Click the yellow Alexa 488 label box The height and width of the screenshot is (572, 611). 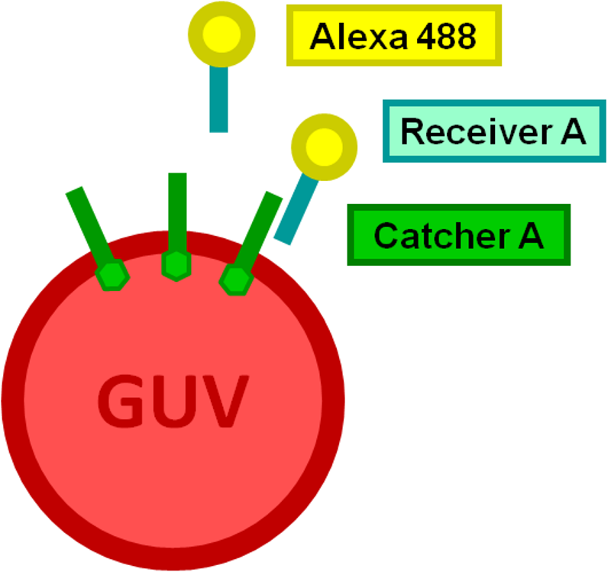[x=393, y=35]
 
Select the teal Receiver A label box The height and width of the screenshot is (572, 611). [x=493, y=131]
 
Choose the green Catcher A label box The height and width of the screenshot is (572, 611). [x=458, y=234]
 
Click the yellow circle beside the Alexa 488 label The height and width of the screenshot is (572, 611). [x=221, y=34]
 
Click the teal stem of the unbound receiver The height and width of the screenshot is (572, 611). [x=219, y=99]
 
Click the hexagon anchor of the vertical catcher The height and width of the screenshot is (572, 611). [x=176, y=264]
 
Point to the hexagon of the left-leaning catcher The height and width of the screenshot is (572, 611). [x=113, y=273]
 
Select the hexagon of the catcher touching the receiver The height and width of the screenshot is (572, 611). [x=234, y=279]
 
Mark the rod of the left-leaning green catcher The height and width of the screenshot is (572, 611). [x=90, y=225]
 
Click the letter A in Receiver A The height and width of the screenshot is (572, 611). [x=573, y=131]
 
